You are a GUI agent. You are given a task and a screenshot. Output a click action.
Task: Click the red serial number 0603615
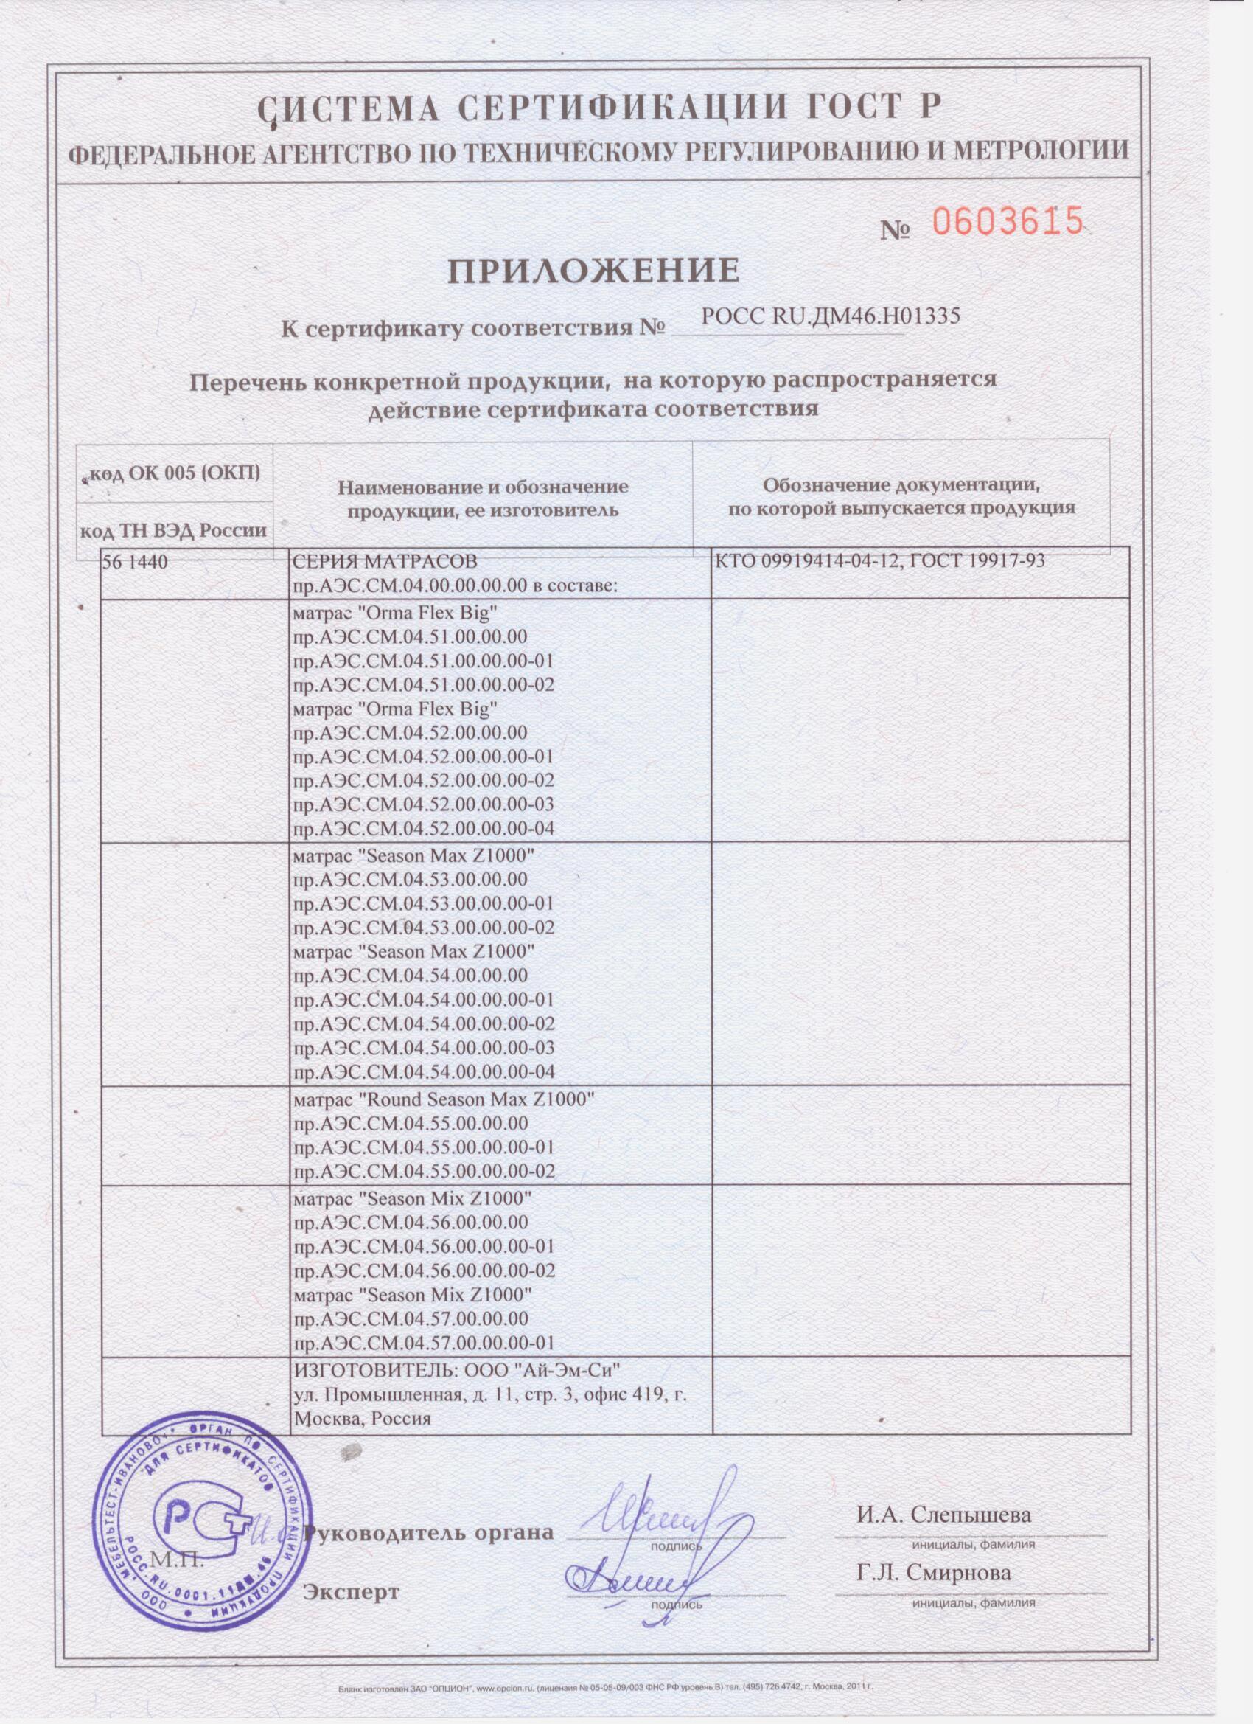[1006, 221]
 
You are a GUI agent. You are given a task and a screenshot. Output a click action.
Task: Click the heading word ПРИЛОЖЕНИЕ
[592, 270]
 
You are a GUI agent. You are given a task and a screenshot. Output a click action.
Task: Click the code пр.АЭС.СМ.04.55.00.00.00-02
[423, 1172]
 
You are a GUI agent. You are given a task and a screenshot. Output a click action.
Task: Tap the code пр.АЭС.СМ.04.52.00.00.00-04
[423, 829]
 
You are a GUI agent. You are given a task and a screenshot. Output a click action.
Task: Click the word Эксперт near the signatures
[351, 1571]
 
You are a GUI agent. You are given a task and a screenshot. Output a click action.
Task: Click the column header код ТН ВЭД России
[174, 530]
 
